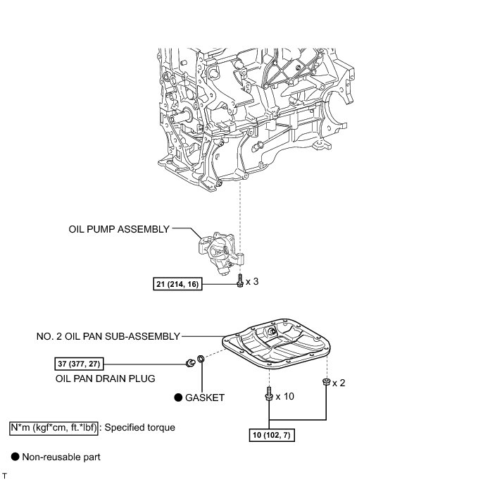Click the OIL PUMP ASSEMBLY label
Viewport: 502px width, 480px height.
(119, 229)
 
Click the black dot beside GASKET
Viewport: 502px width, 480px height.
(178, 398)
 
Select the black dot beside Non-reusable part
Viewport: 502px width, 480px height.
(14, 457)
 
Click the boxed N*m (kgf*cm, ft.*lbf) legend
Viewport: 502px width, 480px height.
(53, 427)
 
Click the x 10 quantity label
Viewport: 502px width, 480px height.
(284, 396)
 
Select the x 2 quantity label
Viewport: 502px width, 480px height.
(339, 383)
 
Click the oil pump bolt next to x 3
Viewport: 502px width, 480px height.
(240, 281)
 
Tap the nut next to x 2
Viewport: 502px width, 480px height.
(326, 382)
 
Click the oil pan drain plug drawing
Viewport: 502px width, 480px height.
(189, 363)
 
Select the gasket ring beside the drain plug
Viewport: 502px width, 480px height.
(201, 362)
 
